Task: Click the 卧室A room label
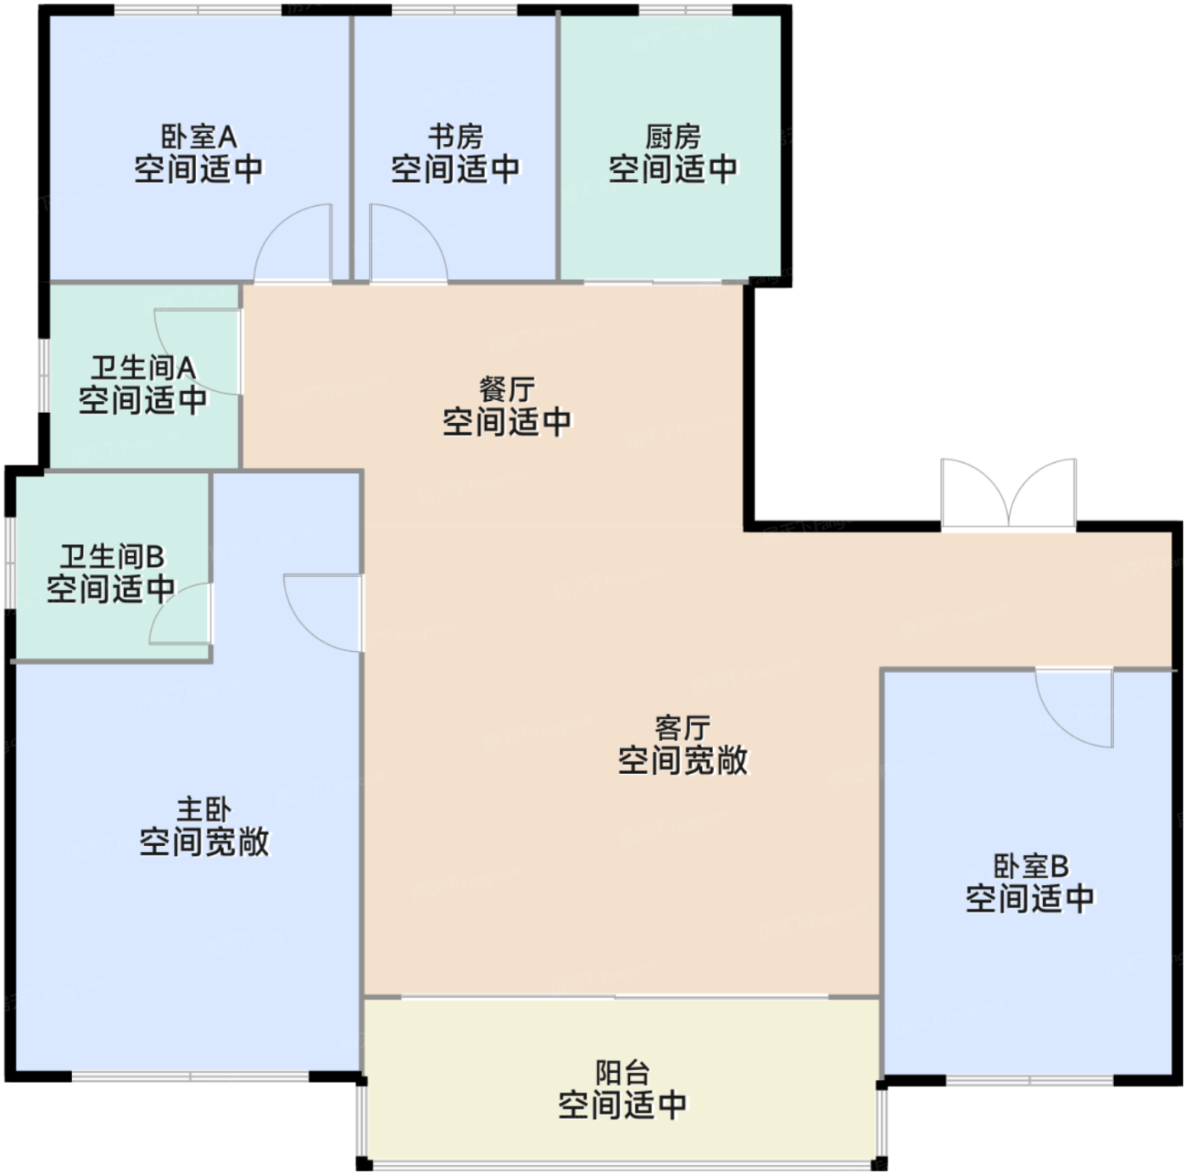click(199, 136)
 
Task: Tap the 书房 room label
click(456, 136)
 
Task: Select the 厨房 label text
click(672, 136)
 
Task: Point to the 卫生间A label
click(143, 368)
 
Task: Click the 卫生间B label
click(112, 556)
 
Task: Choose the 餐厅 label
click(507, 389)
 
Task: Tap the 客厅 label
click(683, 727)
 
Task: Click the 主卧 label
click(204, 809)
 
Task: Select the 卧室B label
click(1030, 866)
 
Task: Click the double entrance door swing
click(1008, 493)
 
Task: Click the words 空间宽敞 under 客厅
click(683, 760)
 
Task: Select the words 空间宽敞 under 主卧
click(204, 842)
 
